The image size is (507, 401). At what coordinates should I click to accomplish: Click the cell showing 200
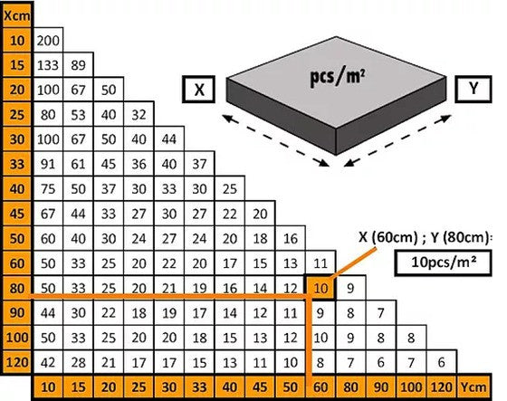point(48,40)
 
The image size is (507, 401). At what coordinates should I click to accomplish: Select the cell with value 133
point(48,65)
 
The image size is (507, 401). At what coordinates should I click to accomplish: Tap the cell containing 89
point(78,65)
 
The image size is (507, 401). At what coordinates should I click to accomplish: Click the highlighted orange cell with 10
point(320,288)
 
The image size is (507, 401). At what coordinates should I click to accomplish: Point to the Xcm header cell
point(17,15)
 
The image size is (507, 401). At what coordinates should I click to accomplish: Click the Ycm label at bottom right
point(474,387)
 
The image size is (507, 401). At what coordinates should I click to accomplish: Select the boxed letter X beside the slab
point(199,90)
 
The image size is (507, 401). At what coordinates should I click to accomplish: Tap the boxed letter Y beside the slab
point(474,89)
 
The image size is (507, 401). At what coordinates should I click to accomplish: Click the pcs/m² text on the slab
point(338,77)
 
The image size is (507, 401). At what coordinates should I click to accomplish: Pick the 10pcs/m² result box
point(443,263)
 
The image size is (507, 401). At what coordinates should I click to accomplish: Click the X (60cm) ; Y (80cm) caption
point(425,238)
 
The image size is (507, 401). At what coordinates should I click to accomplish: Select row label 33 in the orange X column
point(17,164)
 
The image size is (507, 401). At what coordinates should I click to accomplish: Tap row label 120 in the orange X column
point(17,362)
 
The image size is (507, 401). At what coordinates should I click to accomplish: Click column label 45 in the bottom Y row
point(260,387)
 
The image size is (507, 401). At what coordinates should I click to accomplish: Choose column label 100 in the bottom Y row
point(411,387)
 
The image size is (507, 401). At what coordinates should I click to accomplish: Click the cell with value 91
point(48,164)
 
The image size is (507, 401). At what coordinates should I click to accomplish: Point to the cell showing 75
point(48,189)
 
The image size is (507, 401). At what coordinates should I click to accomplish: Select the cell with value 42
point(48,362)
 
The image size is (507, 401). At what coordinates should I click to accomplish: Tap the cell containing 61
point(78,164)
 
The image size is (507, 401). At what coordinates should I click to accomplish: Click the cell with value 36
point(139,164)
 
